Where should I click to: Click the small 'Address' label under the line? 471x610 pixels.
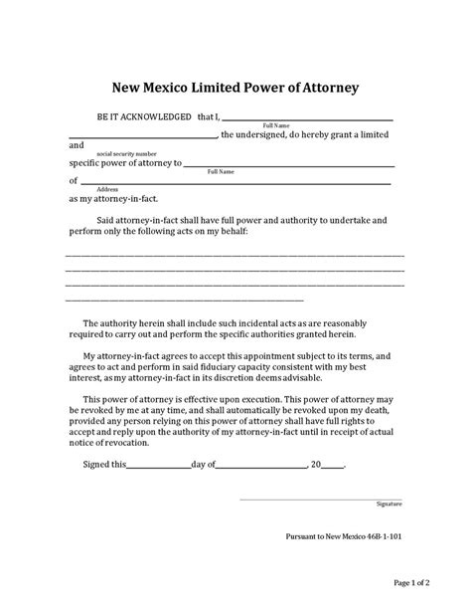[108, 188]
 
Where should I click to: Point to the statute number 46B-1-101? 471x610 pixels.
[381, 535]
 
